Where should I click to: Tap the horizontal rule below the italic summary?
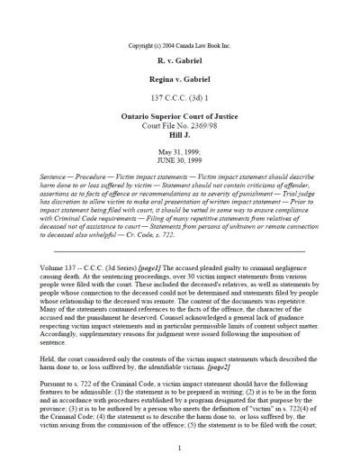179,249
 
